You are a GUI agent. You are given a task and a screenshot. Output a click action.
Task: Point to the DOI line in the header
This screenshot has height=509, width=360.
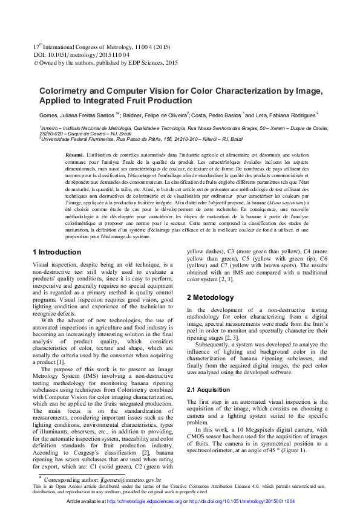(x=81, y=54)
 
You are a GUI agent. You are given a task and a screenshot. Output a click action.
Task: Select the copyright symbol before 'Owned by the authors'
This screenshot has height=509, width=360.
(x=34, y=62)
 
